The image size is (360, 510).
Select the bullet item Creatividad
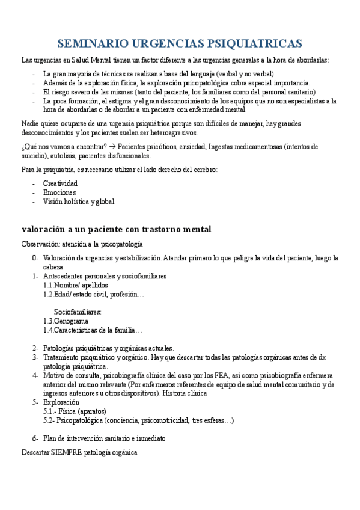click(x=60, y=183)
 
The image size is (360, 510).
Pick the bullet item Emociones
click(x=59, y=192)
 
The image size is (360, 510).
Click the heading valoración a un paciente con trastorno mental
click(x=116, y=229)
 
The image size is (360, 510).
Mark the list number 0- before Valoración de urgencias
click(x=35, y=258)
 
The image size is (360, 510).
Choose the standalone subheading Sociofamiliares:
click(x=78, y=312)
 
